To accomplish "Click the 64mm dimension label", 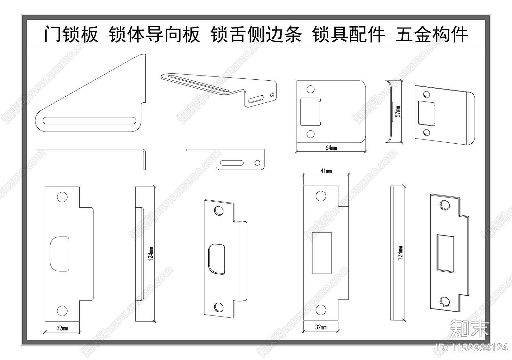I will tap(331, 148).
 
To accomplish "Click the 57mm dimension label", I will tap(397, 111).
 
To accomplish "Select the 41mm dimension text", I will tap(326, 171).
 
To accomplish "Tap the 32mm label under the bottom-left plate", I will tap(62, 328).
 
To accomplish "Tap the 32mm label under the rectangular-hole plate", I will tap(321, 327).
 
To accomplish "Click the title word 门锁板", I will tap(71, 34).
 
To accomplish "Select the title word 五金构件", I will tap(432, 34).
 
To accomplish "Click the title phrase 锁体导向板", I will tap(154, 34).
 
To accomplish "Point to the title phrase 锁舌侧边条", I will tap(256, 34).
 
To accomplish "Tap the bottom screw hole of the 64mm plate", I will tap(310, 134).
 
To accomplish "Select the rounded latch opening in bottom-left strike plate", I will tap(60, 254).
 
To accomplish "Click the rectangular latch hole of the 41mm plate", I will tap(322, 253).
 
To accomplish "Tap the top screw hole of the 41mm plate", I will tap(321, 196).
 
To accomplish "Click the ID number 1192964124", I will tap(472, 348).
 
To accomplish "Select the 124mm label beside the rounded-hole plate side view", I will tap(151, 254).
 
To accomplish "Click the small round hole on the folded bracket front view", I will tap(257, 163).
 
